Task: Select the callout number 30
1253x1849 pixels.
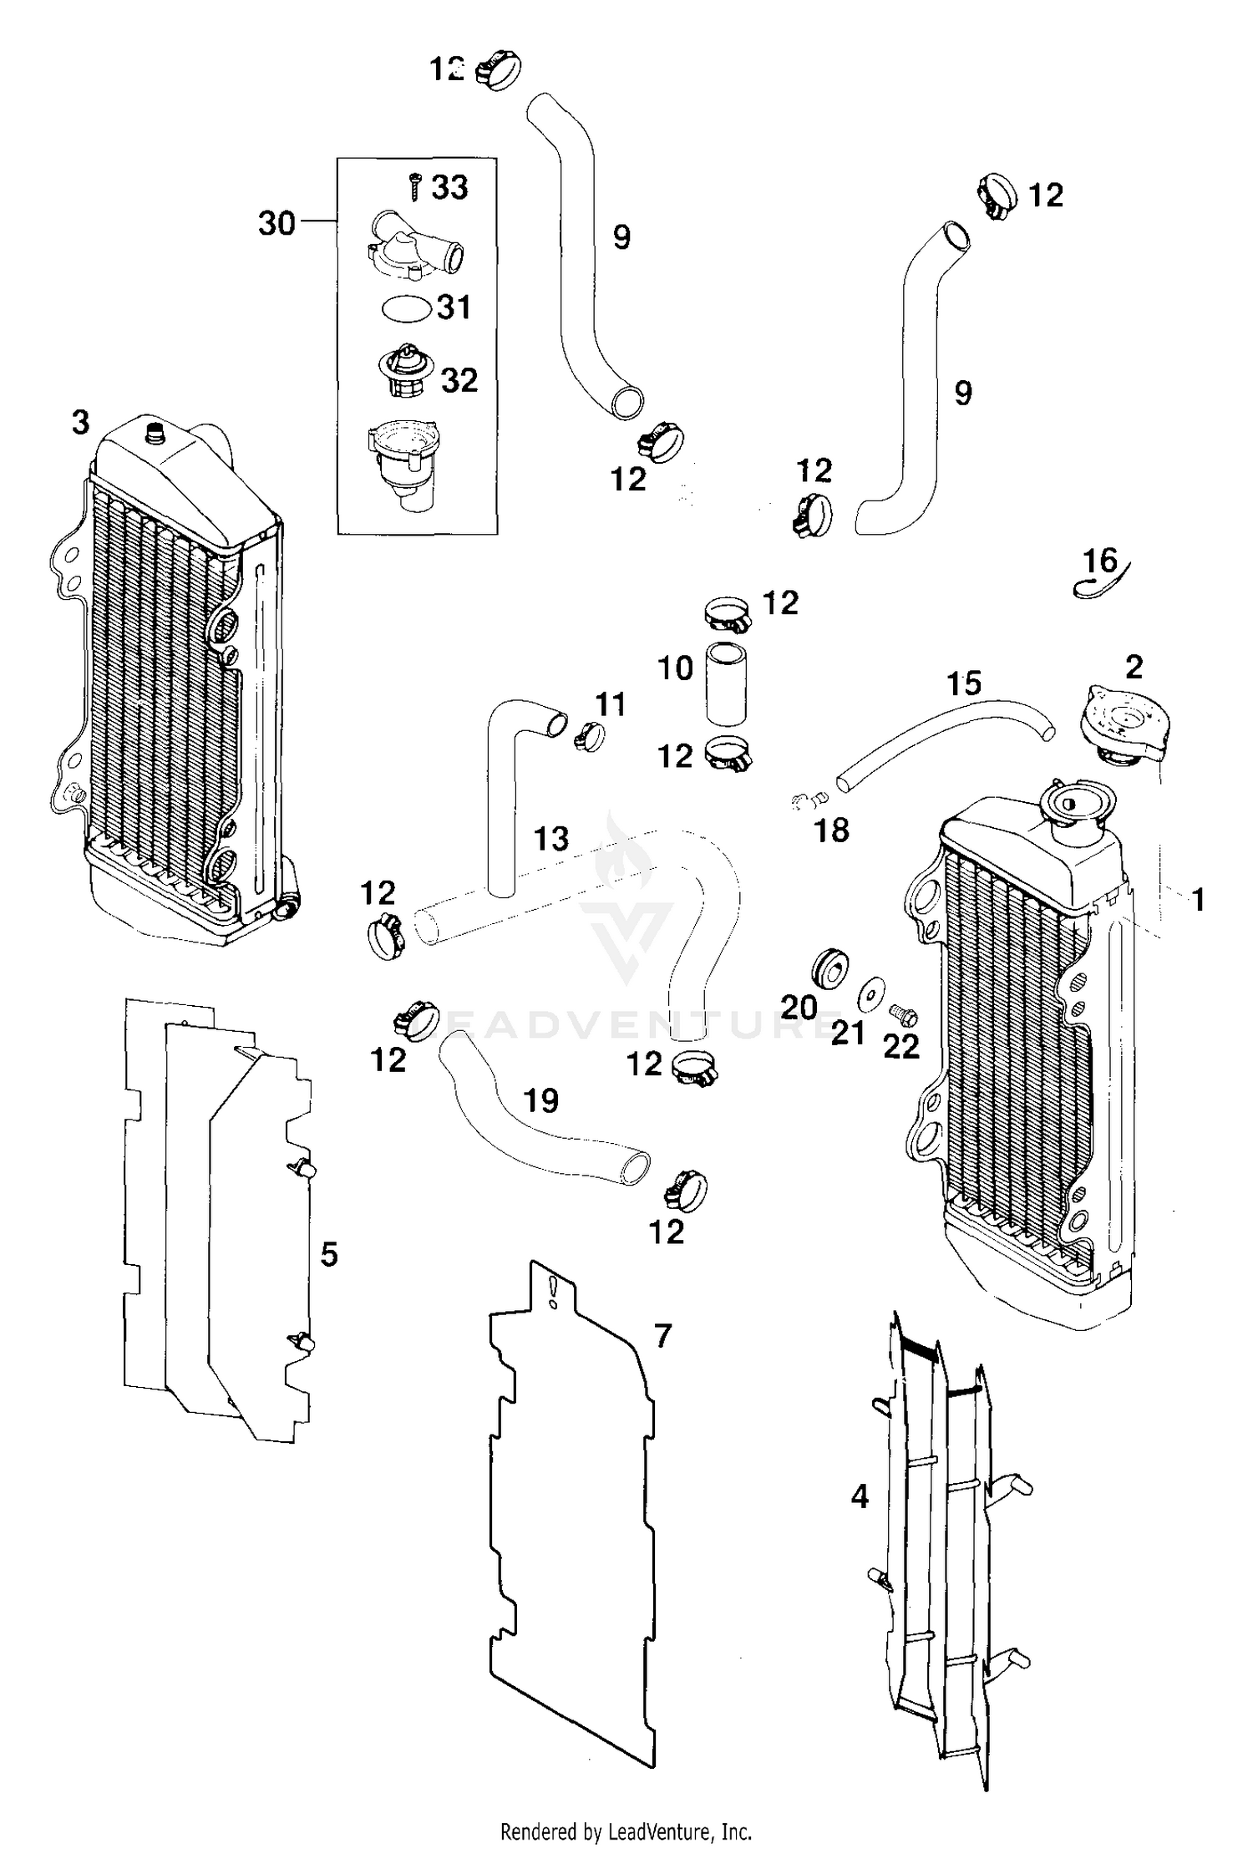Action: coord(276,223)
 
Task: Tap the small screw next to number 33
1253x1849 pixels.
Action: coord(415,185)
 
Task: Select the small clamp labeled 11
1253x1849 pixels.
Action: coord(590,738)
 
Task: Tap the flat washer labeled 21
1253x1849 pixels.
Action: coord(871,991)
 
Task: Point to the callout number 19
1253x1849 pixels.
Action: coord(540,1100)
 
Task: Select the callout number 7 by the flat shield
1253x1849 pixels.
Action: coord(662,1336)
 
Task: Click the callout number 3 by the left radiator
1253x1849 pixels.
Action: coord(80,423)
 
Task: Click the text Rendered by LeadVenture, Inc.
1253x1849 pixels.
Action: coord(626,1832)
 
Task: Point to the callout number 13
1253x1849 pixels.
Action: coord(550,838)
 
